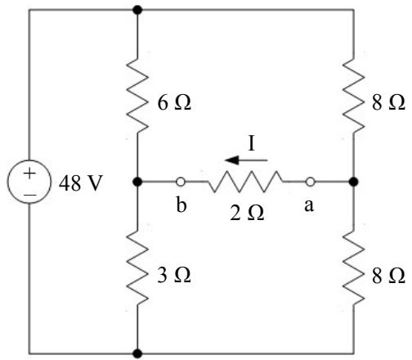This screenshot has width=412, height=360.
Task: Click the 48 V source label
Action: pyautogui.click(x=81, y=182)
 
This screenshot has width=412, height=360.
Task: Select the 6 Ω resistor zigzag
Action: pyautogui.click(x=137, y=95)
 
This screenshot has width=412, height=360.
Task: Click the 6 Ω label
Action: pyautogui.click(x=174, y=103)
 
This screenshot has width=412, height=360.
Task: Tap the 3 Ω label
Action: pyautogui.click(x=174, y=275)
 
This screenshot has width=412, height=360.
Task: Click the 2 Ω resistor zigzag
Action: pyautogui.click(x=246, y=182)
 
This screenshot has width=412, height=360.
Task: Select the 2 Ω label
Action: pyautogui.click(x=247, y=213)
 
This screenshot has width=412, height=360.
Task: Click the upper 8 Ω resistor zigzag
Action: pyautogui.click(x=354, y=95)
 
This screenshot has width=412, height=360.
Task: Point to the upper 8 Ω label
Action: pyautogui.click(x=388, y=103)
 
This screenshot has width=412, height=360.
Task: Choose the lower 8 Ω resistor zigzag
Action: pyautogui.click(x=354, y=268)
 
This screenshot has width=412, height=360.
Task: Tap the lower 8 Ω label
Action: pyautogui.click(x=388, y=276)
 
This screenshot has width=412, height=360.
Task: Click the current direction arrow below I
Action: pyautogui.click(x=246, y=160)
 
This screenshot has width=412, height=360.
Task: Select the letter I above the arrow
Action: pyautogui.click(x=252, y=143)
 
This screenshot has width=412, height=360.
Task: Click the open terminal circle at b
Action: pyautogui.click(x=181, y=182)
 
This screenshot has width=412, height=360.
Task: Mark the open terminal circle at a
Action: pyautogui.click(x=310, y=182)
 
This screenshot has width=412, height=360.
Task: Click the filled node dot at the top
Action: pyautogui.click(x=137, y=10)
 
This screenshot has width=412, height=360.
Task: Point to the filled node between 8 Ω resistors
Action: pyautogui.click(x=354, y=182)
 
